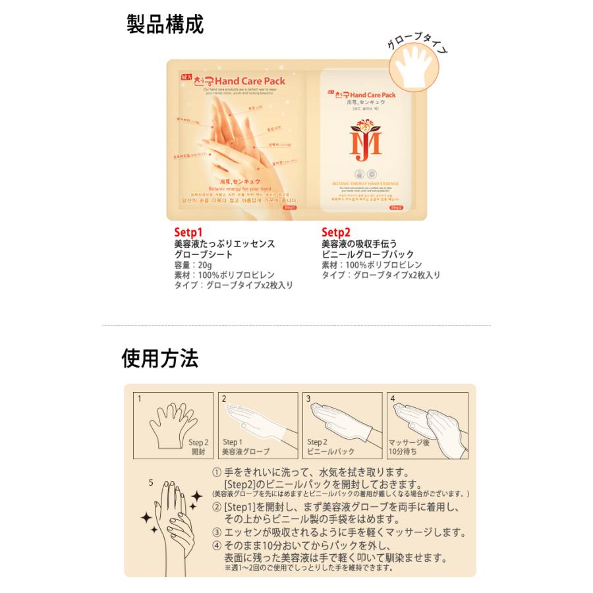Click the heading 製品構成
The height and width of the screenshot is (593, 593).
(165, 24)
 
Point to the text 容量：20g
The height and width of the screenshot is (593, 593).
(193, 265)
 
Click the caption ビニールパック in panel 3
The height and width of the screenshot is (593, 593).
(331, 452)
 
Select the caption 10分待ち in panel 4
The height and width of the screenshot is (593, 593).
(405, 452)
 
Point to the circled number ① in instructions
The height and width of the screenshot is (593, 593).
(216, 473)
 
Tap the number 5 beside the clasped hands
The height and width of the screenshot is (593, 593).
(151, 482)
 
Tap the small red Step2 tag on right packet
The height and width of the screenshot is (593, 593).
(396, 208)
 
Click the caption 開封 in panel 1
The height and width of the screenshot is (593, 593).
(198, 452)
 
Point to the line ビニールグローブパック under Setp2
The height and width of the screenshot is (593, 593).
(368, 254)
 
